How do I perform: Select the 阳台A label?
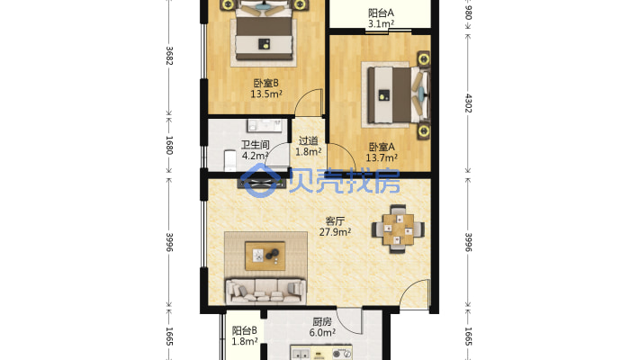click(382, 13)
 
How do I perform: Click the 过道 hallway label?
click(308, 140)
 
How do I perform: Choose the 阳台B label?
click(245, 330)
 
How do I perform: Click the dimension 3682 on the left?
click(169, 56)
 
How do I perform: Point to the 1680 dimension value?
click(169, 145)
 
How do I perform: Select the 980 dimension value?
click(467, 14)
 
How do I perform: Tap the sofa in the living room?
click(265, 290)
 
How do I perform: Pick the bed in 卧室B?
click(265, 34)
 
